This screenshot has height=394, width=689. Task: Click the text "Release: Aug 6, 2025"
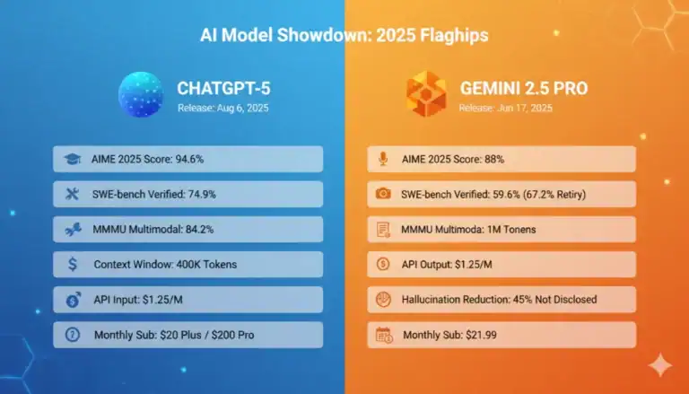223,108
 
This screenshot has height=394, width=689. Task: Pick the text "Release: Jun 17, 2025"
505,108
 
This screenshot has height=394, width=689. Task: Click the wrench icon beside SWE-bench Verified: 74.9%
70,194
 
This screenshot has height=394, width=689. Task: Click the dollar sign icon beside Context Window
70,264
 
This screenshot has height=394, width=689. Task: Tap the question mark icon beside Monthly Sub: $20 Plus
70,335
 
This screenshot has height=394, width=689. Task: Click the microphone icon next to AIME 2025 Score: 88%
383,159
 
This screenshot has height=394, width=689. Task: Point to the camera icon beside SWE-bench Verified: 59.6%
383,194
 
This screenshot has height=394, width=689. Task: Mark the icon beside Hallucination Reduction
383,299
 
